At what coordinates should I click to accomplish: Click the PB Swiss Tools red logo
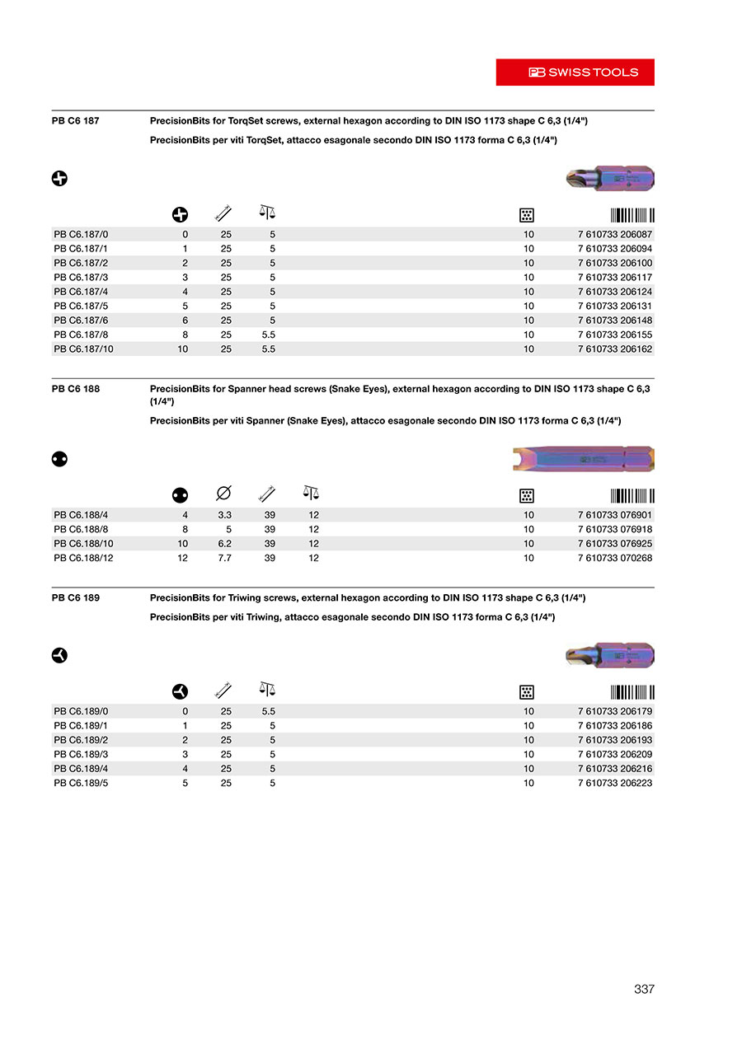point(575,73)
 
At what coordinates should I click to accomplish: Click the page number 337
point(644,989)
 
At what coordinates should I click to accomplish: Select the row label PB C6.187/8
point(81,335)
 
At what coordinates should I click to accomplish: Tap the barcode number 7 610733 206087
point(614,234)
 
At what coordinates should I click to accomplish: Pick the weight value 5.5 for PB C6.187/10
point(268,349)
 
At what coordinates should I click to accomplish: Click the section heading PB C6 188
point(75,389)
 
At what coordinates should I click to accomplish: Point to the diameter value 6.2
point(224,544)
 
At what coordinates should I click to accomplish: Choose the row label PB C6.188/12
point(83,558)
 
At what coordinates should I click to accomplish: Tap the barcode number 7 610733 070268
point(614,558)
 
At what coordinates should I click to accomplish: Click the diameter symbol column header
point(223,494)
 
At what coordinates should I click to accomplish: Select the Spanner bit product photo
point(583,459)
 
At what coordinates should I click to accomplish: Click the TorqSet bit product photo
point(610,178)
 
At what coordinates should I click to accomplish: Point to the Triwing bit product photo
point(610,655)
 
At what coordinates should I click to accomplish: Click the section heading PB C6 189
point(75,597)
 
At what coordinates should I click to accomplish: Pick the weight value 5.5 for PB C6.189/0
point(268,711)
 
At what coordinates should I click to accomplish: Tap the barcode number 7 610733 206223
point(614,783)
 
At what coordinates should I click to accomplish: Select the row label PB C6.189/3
point(81,754)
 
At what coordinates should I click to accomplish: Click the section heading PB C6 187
point(75,120)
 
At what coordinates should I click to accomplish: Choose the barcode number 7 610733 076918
point(614,529)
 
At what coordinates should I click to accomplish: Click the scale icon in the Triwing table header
point(267,688)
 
